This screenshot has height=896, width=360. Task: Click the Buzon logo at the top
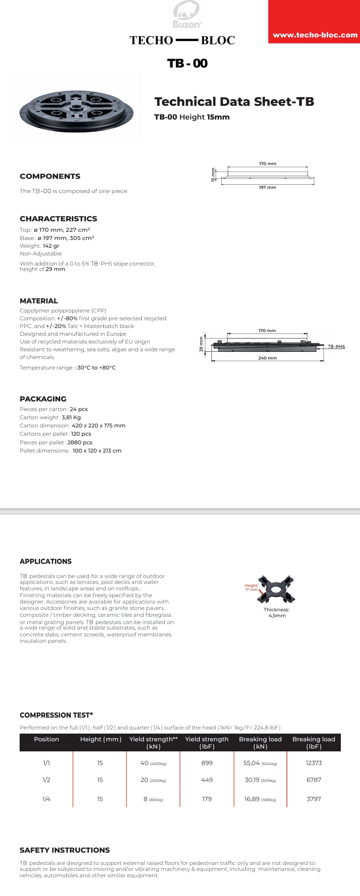point(187,15)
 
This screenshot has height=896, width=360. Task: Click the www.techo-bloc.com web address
point(315,35)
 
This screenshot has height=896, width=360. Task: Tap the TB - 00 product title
point(187,63)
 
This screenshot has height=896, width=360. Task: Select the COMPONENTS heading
point(50,177)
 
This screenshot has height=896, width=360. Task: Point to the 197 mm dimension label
point(267,188)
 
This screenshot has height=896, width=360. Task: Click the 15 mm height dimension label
point(213,175)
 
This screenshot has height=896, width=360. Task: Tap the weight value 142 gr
point(51,246)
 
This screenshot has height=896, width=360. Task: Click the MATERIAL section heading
point(39,301)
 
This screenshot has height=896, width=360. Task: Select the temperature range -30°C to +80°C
point(95,368)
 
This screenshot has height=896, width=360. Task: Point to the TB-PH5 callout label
point(336,347)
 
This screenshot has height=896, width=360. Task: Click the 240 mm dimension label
point(267,358)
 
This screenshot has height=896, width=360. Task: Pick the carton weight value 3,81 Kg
point(71,417)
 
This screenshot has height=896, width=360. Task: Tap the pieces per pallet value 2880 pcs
point(79,443)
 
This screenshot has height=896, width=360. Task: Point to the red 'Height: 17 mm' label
point(251,588)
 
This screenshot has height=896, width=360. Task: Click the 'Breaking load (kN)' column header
point(260,743)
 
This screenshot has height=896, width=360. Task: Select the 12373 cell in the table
point(313,763)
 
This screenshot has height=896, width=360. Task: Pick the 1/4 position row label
point(46,799)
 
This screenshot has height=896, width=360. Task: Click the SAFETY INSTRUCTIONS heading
point(64,850)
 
